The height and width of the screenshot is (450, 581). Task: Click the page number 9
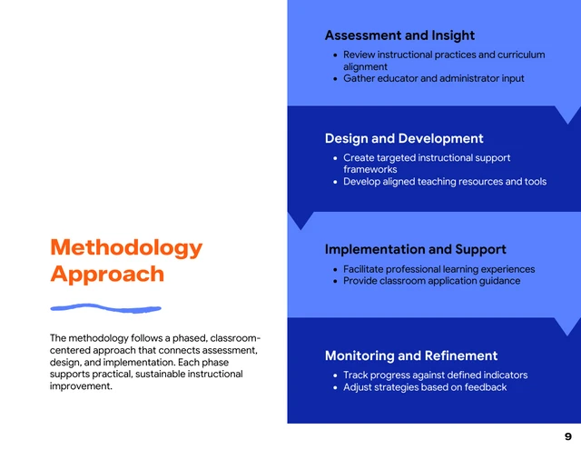point(567,436)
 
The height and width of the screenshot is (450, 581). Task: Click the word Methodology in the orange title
point(126,247)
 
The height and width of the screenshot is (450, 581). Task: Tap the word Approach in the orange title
point(107,274)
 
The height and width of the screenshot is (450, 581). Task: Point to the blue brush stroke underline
point(105,307)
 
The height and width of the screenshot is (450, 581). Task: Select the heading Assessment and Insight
point(399,35)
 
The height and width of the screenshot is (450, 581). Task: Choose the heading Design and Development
point(404,138)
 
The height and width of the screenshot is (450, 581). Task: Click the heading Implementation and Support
point(415,249)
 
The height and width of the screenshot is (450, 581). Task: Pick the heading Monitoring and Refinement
point(411,355)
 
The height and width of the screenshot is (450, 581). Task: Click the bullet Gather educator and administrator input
point(433,79)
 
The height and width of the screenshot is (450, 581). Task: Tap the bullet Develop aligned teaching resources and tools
point(444,182)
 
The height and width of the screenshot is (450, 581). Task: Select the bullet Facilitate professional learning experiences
point(438,269)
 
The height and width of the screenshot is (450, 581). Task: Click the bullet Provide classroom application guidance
point(431,281)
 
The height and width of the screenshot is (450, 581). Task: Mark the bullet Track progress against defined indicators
point(435,375)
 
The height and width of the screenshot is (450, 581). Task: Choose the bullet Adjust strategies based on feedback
point(424,387)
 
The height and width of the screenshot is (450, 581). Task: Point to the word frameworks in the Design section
point(369,170)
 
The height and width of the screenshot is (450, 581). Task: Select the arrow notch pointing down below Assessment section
point(566,115)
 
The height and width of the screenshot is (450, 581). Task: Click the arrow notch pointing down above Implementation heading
point(300,220)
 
